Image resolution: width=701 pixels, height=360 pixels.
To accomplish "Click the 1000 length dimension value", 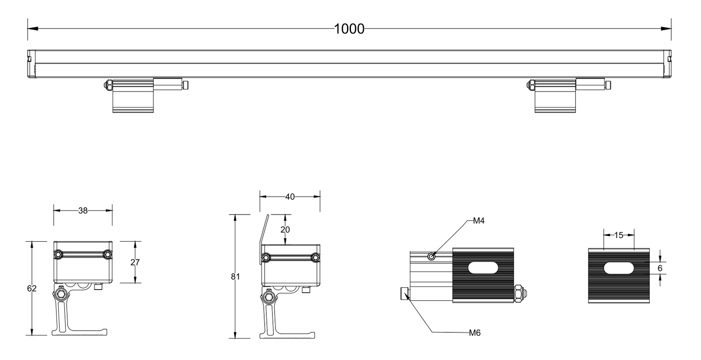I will point(349,29).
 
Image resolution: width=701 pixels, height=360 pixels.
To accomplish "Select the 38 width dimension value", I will point(83,211).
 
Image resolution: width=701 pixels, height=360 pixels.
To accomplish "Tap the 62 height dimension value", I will point(32,288).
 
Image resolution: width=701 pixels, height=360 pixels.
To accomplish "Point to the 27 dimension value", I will point(135,262).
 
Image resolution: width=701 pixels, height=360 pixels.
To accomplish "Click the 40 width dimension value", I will point(290,197).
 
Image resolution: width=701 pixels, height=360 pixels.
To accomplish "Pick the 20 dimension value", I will point(285,229).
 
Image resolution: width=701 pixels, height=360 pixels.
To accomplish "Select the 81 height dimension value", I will point(235,276).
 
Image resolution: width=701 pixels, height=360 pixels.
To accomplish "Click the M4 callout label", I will point(478,221).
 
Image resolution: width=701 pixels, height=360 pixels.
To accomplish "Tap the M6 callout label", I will point(474,333).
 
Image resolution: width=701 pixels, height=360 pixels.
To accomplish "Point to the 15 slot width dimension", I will point(619,235).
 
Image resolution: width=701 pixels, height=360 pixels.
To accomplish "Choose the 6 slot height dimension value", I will point(660,268).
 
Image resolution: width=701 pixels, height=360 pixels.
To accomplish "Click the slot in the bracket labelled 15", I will point(619,268).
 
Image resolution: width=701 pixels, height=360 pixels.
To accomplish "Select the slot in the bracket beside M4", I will point(483,268).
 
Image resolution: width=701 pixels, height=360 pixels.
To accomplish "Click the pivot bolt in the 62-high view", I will point(62,293).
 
